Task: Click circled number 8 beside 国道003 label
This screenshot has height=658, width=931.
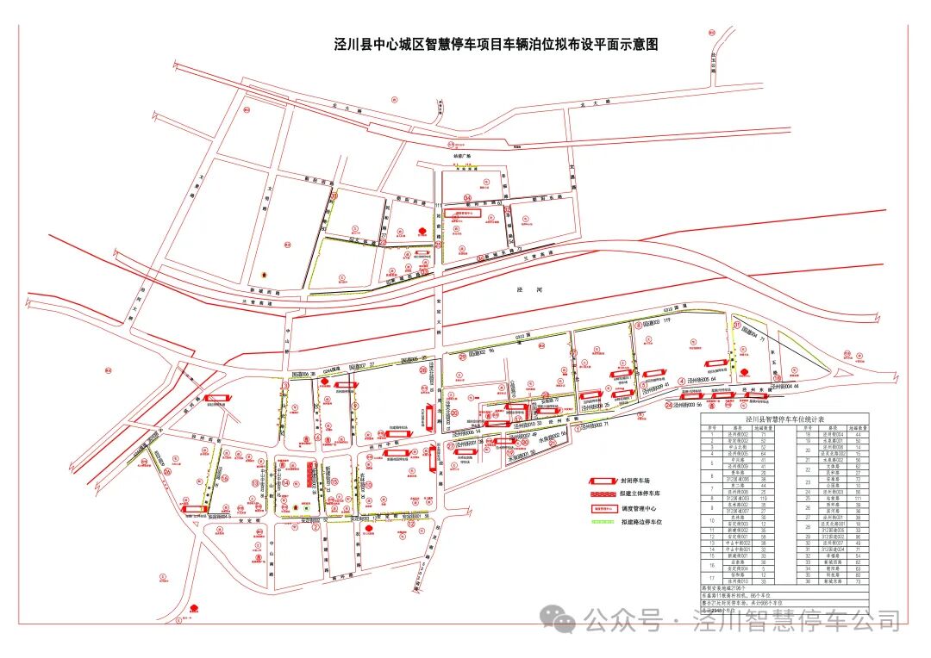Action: point(639,325)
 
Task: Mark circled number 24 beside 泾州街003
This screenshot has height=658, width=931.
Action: point(669,404)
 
